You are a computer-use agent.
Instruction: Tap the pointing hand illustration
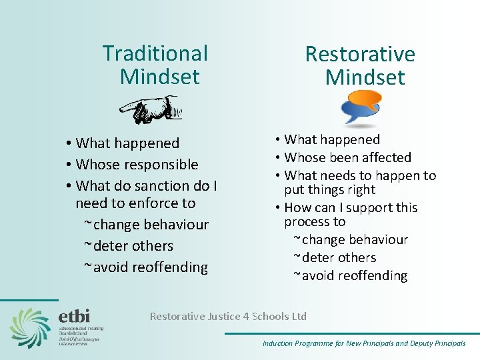pyautogui.click(x=151, y=110)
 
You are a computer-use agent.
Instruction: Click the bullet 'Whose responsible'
pyautogui.click(x=137, y=164)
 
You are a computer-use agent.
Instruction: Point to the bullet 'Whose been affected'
pyautogui.click(x=347, y=157)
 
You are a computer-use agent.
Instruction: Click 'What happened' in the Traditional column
pyautogui.click(x=127, y=143)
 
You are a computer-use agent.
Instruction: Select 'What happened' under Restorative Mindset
pyautogui.click(x=331, y=139)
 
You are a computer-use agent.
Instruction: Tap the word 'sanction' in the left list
pyautogui.click(x=161, y=185)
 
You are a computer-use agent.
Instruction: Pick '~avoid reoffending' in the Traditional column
pyautogui.click(x=145, y=267)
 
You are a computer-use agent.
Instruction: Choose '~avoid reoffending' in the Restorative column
pyautogui.click(x=350, y=275)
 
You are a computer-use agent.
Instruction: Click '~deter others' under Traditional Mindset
pyautogui.click(x=128, y=245)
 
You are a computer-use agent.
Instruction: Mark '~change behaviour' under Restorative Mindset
pyautogui.click(x=350, y=239)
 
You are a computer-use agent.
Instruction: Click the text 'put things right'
pyautogui.click(x=329, y=189)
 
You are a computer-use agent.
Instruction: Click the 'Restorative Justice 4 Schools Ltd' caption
pyautogui.click(x=228, y=316)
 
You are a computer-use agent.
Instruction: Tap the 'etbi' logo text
pyautogui.click(x=73, y=315)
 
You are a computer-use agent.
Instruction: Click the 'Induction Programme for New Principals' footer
pyautogui.click(x=364, y=343)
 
